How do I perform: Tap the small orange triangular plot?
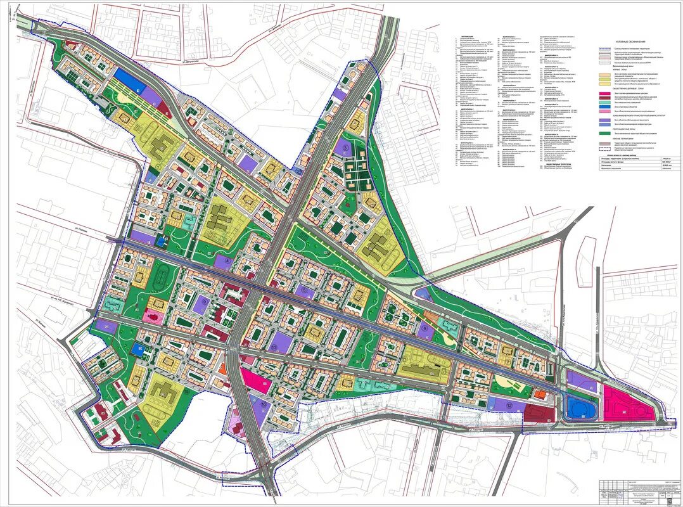click(x=222, y=368)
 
